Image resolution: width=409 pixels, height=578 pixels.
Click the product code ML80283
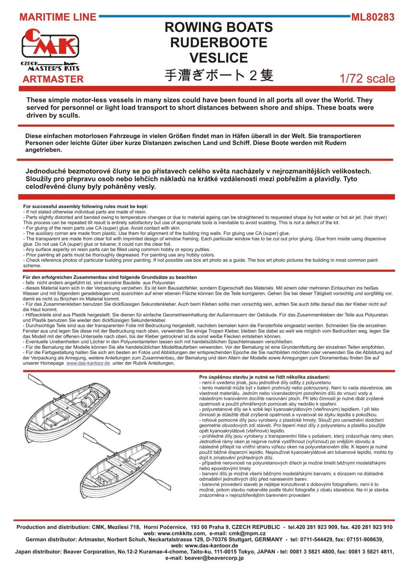pos(373,17)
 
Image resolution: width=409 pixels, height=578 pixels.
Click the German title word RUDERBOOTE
pos(218,43)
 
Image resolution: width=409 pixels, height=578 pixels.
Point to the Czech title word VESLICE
pos(218,58)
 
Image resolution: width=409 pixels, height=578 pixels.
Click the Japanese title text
pos(218,76)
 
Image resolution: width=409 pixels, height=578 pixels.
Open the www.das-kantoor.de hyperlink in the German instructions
pos(88,363)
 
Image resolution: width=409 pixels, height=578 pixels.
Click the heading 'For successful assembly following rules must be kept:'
pos(85,206)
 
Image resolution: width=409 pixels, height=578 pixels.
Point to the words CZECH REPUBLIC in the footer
pos(254,527)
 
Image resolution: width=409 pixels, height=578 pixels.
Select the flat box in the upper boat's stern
pos(53,418)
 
